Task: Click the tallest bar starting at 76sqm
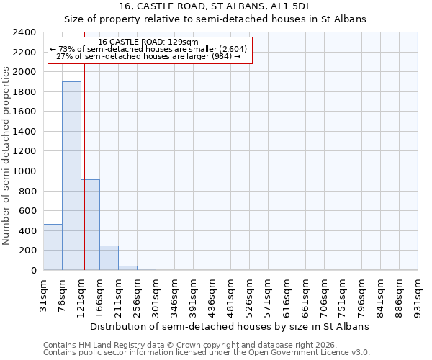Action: (71, 176)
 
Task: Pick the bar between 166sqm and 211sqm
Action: (109, 258)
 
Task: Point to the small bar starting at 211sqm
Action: (127, 268)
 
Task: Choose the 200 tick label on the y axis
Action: (28, 251)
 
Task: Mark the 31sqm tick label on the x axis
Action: (43, 293)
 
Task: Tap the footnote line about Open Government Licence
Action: (206, 353)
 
